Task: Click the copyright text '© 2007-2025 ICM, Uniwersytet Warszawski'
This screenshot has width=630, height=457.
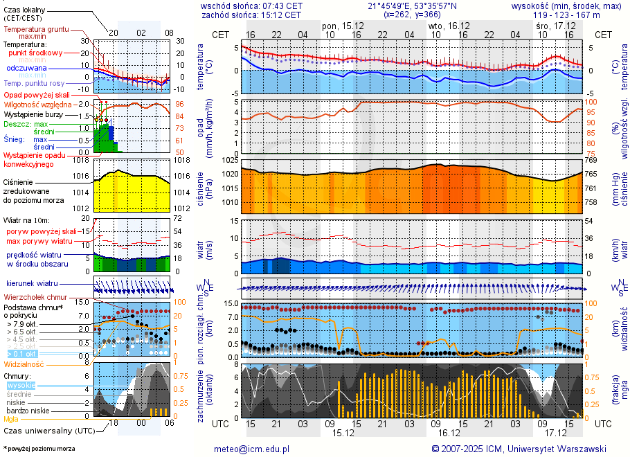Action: (519, 449)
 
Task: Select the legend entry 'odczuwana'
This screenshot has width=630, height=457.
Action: (26, 69)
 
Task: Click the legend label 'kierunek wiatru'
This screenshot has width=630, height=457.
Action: (33, 284)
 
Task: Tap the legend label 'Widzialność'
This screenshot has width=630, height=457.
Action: (24, 364)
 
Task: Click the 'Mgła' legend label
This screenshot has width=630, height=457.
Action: (11, 419)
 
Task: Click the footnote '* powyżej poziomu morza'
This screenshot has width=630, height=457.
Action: (39, 449)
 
